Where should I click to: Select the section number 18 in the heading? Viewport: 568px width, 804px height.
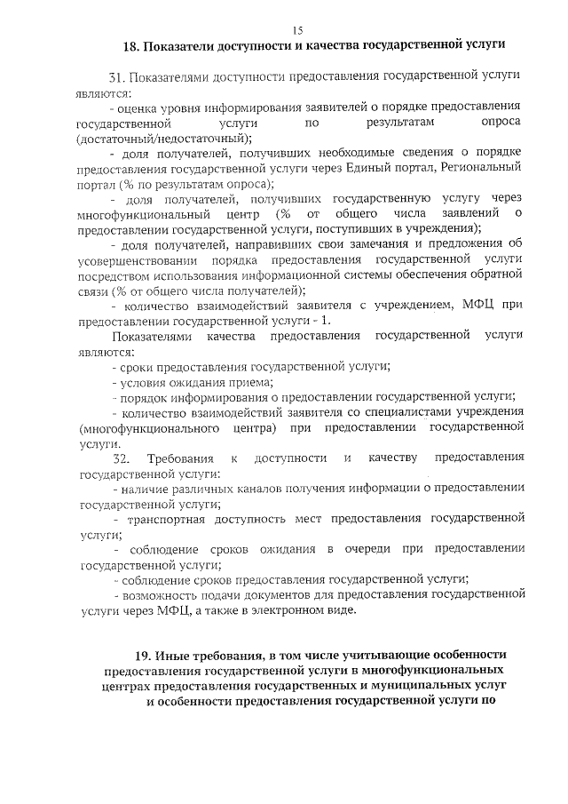(130, 46)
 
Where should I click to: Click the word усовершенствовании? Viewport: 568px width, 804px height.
(133, 259)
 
